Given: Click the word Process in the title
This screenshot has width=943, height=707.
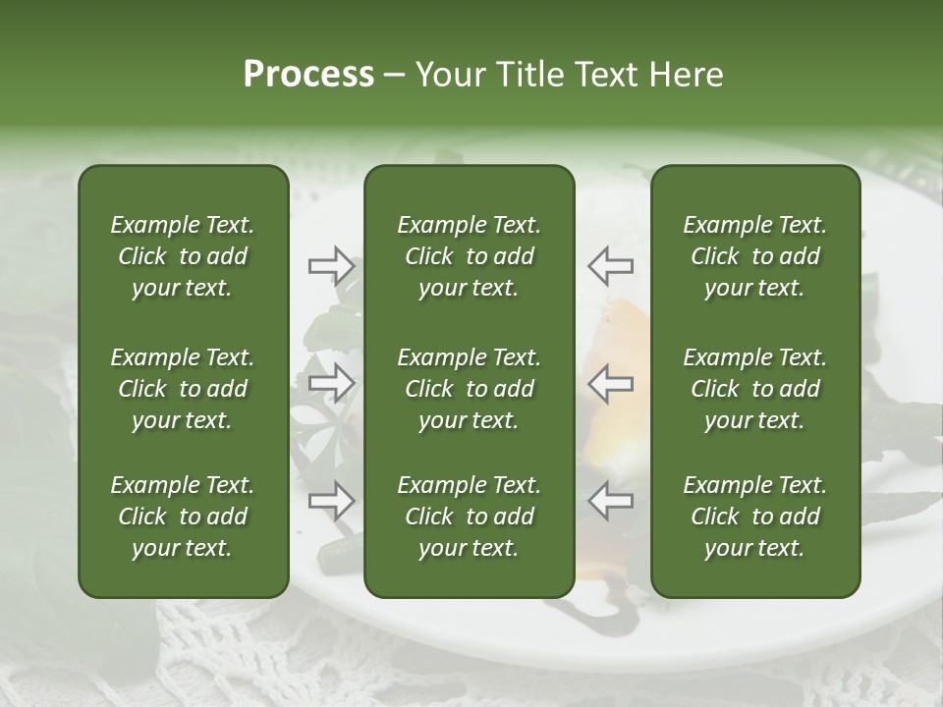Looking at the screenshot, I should tap(308, 75).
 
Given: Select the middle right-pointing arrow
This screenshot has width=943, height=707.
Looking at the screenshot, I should tap(331, 383).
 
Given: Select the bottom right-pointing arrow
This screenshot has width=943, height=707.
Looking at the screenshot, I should tap(331, 501).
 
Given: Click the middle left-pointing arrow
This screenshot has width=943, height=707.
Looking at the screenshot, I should tap(610, 383).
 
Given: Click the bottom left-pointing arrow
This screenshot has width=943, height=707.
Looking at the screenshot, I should tap(610, 501).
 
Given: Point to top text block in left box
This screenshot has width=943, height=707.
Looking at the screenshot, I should tap(183, 256).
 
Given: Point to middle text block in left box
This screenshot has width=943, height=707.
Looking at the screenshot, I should tap(183, 389).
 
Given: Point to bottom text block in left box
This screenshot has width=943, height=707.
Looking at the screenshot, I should tap(183, 517).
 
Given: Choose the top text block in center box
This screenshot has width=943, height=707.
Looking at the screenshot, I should tap(469, 256).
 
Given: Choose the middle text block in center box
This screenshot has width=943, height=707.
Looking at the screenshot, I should tap(469, 389).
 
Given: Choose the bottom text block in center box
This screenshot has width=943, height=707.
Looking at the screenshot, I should tap(469, 517).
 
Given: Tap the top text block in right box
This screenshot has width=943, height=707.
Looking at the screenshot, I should tap(754, 256).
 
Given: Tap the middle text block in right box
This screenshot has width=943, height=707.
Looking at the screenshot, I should tap(754, 389).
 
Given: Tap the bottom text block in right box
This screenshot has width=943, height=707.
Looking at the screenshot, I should tap(754, 517).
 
